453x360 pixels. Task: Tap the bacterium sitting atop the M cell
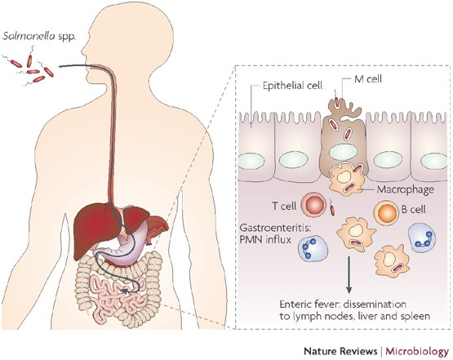340,103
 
